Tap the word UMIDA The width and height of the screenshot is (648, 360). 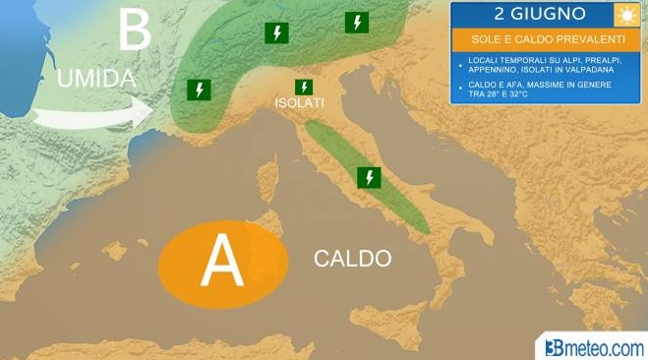94,79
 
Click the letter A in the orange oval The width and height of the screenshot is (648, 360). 221,261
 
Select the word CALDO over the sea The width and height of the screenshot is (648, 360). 352,259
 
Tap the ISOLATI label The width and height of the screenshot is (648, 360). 300,102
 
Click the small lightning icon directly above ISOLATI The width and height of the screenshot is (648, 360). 304,87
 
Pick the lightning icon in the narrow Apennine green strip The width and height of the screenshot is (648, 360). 369,177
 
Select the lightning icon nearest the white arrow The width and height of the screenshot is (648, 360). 200,90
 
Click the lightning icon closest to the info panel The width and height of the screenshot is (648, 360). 356,23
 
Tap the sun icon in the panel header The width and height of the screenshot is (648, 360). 624,15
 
